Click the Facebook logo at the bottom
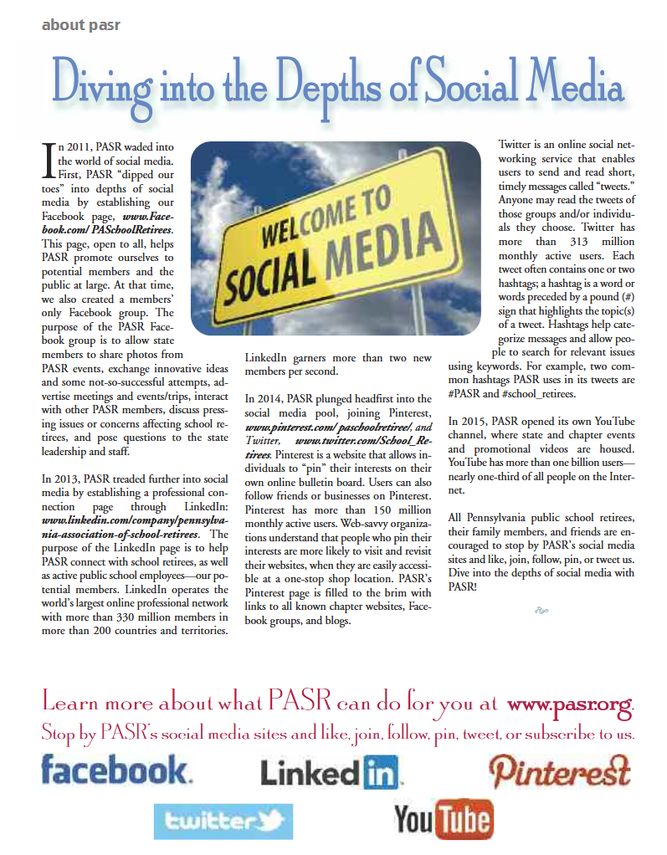[x=115, y=771]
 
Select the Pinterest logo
[x=559, y=771]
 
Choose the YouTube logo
[x=442, y=821]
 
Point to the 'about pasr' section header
[x=80, y=25]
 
